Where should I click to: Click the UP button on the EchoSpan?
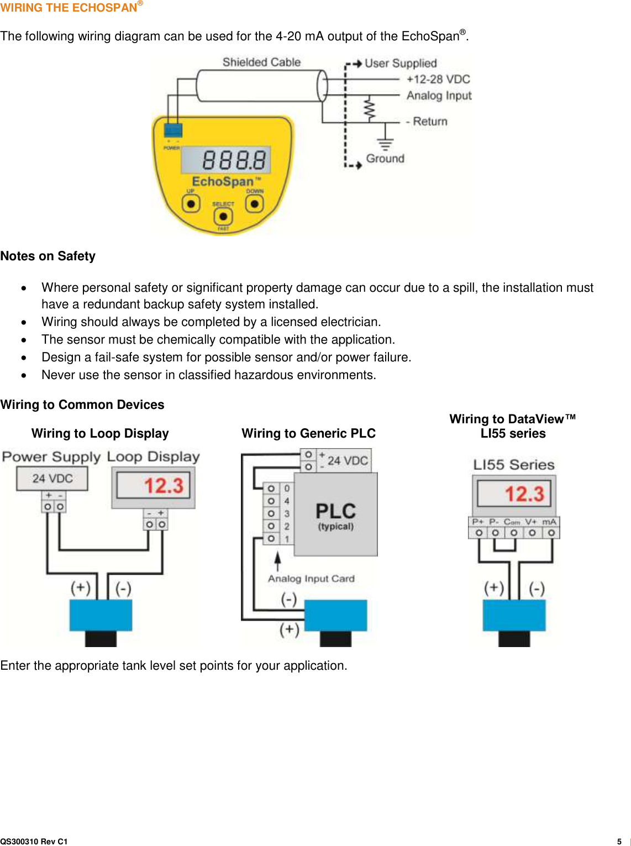pos(191,204)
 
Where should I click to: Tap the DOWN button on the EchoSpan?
pos(254,204)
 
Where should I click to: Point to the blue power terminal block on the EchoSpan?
pos(173,130)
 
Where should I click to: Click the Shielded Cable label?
pos(261,62)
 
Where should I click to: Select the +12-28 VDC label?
pos(438,80)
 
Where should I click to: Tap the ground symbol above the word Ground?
pos(385,143)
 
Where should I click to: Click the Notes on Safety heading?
pos(48,256)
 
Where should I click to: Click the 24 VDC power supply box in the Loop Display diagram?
pos(52,479)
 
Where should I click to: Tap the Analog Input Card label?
pos(311,579)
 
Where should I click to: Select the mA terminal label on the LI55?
pos(549,522)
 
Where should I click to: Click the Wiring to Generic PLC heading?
pos(308,434)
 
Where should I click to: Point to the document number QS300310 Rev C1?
pos(34,842)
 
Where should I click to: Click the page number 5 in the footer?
pos(619,842)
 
